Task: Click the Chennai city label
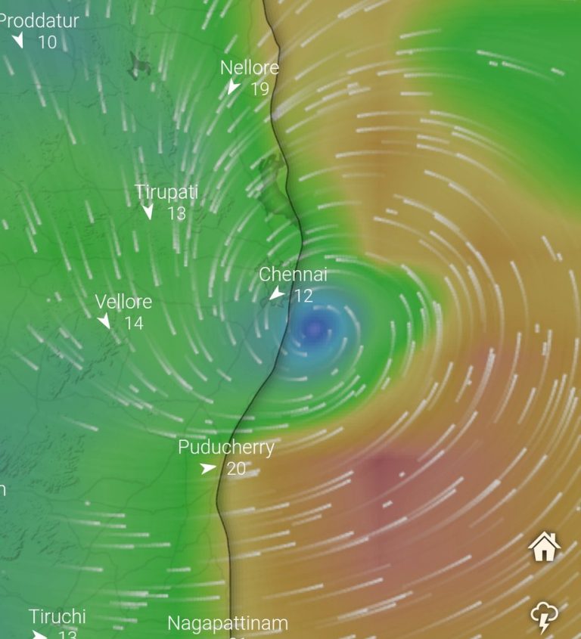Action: (293, 275)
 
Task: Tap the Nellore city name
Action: (250, 67)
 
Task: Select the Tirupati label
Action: (166, 192)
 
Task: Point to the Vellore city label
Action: (123, 302)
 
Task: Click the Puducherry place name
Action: (226, 448)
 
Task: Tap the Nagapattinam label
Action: (228, 624)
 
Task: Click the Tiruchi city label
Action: (57, 616)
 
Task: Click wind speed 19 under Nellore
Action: (259, 88)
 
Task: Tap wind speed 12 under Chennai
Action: (303, 296)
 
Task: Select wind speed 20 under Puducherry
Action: (236, 469)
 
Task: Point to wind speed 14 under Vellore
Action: (134, 324)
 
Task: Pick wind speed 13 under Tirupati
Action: (176, 213)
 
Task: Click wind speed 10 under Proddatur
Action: (47, 42)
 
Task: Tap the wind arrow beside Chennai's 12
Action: (278, 294)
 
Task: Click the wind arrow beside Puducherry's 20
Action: (208, 469)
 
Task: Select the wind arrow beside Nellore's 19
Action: (234, 88)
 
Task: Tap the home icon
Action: (545, 546)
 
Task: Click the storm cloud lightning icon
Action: (545, 616)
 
